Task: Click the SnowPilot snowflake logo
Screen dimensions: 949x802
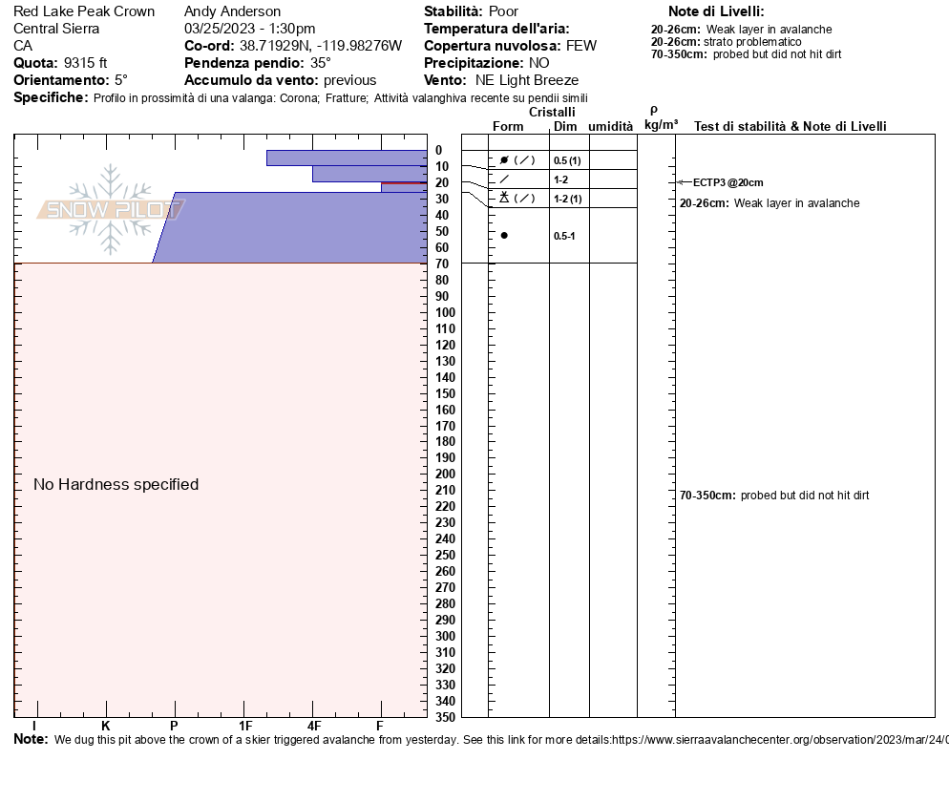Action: [110, 209]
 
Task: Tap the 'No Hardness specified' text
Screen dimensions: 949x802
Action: [116, 484]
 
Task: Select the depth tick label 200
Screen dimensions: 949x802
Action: [446, 474]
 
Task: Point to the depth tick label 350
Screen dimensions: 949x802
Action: [446, 717]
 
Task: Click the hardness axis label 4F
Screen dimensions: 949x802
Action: [313, 726]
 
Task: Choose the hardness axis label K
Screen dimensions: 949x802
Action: [105, 726]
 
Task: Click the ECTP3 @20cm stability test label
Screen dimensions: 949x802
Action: [728, 182]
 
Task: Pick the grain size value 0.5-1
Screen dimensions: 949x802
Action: [564, 236]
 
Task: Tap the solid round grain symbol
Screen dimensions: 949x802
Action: [504, 236]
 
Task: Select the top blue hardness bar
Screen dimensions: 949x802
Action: [347, 158]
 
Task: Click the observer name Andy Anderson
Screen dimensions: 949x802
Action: [232, 11]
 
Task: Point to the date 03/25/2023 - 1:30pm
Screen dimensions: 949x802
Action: [250, 29]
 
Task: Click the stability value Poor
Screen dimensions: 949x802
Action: [503, 11]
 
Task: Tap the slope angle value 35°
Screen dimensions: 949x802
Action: [321, 63]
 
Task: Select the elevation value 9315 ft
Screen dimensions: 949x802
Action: [85, 63]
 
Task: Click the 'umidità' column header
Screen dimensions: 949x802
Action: [611, 126]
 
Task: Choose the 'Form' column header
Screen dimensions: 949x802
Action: [508, 126]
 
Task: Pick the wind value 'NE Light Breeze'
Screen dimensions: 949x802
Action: [527, 80]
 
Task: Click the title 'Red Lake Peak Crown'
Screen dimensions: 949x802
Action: [84, 11]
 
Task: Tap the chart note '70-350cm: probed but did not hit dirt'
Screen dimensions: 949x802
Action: [774, 496]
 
